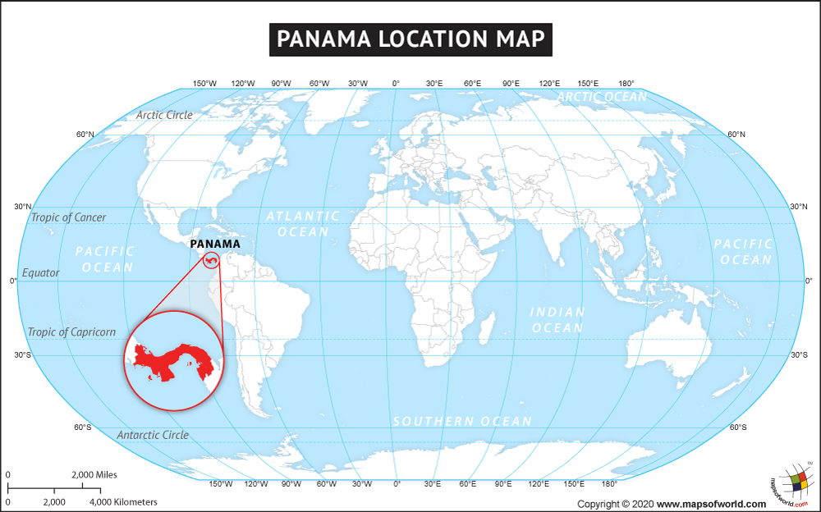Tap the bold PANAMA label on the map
click(x=214, y=244)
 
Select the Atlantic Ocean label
click(x=303, y=224)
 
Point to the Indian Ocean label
click(x=557, y=320)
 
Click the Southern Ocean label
click(x=462, y=421)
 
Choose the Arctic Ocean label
click(x=602, y=97)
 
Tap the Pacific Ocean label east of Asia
click(x=743, y=252)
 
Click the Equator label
click(x=41, y=272)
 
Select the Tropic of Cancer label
click(x=69, y=217)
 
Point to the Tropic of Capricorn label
click(x=71, y=332)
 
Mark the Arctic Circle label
click(x=164, y=115)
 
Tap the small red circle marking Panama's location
click(x=212, y=261)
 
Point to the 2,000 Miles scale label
click(x=94, y=474)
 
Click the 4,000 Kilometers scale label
click(x=123, y=501)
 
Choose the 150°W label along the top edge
click(x=204, y=84)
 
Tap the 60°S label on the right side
click(x=738, y=427)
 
